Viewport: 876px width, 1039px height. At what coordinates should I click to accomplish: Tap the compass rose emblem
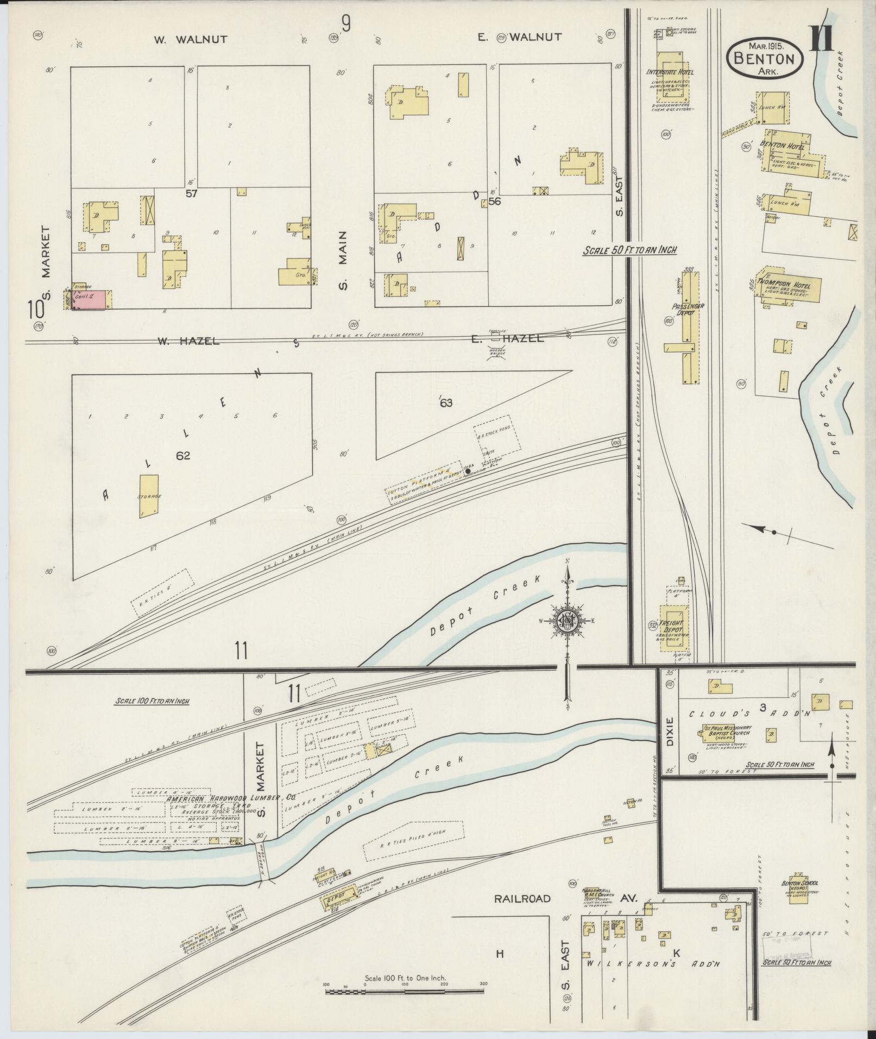point(568,620)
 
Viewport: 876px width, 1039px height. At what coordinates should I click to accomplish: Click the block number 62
point(183,456)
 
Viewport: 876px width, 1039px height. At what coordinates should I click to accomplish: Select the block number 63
point(446,402)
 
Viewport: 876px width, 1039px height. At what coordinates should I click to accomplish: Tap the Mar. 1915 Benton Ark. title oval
point(765,58)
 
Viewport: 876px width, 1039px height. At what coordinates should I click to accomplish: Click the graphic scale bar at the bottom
point(405,992)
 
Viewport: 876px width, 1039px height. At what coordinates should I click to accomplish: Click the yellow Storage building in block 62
point(148,496)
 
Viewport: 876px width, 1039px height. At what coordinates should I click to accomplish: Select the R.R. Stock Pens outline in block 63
point(496,441)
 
